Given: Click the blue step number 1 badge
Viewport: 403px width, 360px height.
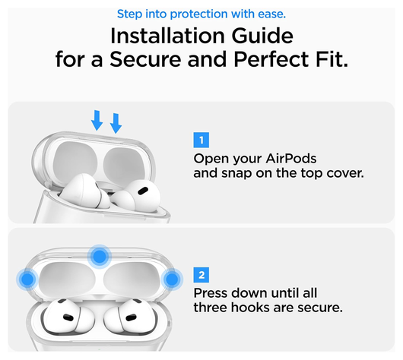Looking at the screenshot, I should [201, 140].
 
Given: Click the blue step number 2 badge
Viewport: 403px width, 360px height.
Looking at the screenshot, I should [201, 275].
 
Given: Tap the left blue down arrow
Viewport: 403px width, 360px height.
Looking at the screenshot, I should [97, 119].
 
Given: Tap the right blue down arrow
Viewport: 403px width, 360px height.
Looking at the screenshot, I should [116, 122].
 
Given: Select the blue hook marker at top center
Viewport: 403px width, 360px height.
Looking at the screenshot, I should [99, 256].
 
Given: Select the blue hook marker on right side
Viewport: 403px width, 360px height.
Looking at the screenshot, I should [172, 279].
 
